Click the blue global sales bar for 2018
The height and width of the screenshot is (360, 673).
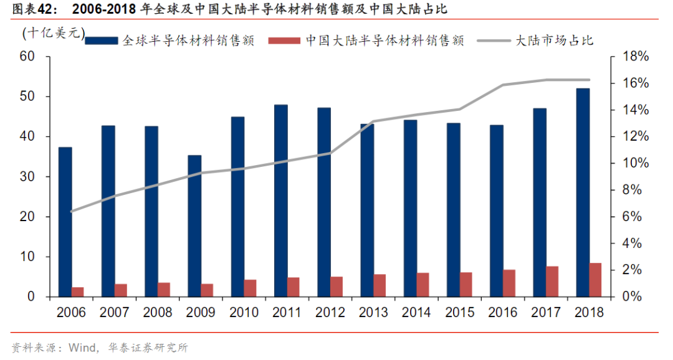pyautogui.click(x=583, y=192)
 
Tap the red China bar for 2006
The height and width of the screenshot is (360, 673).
pyautogui.click(x=78, y=291)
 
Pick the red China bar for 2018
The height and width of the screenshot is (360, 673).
pyautogui.click(x=595, y=280)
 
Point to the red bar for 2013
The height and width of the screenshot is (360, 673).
pyautogui.click(x=379, y=285)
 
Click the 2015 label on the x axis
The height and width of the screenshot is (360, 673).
pyautogui.click(x=460, y=313)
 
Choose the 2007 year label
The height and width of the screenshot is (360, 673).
pyautogui.click(x=115, y=313)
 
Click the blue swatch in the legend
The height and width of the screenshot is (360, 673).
pyautogui.click(x=102, y=40)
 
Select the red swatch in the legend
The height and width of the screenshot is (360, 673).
pyautogui.click(x=285, y=40)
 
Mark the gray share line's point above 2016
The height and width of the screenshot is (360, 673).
pyautogui.click(x=502, y=85)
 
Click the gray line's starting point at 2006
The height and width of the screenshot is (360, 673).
pyautogui.click(x=72, y=211)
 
